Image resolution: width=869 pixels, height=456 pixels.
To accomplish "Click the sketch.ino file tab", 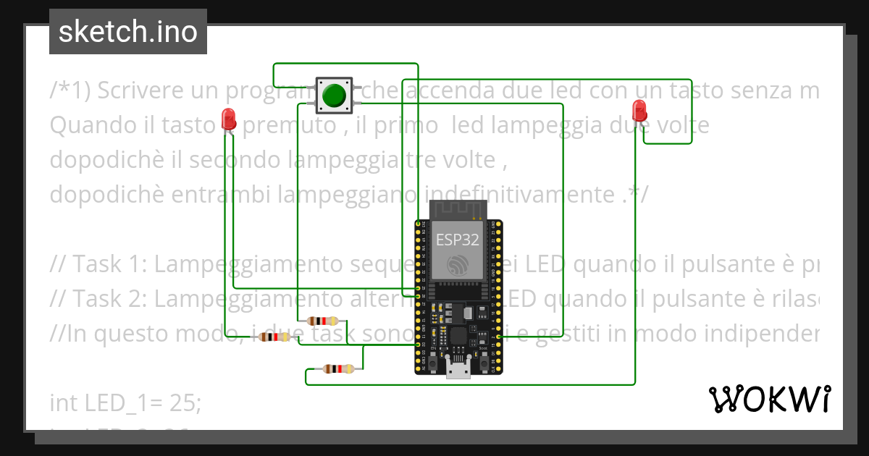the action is (x=127, y=32).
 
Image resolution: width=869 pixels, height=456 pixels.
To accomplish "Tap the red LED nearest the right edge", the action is (x=639, y=111).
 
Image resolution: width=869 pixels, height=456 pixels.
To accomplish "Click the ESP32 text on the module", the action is (x=457, y=241).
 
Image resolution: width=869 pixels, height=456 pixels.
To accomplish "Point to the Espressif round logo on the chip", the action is (x=457, y=266).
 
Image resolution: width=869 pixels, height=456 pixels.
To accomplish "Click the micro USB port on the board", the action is (x=457, y=368).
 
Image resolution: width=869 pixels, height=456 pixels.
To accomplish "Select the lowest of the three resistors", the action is (x=338, y=368).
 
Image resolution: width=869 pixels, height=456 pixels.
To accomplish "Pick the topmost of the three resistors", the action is (x=322, y=321).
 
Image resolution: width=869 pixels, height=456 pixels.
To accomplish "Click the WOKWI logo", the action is (x=769, y=399).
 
